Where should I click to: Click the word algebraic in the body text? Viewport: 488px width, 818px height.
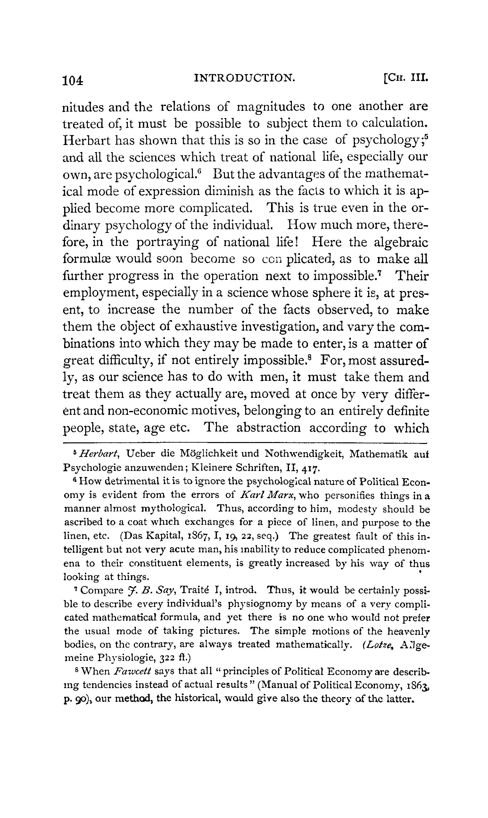(401, 243)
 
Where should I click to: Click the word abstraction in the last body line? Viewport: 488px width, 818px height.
(268, 428)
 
